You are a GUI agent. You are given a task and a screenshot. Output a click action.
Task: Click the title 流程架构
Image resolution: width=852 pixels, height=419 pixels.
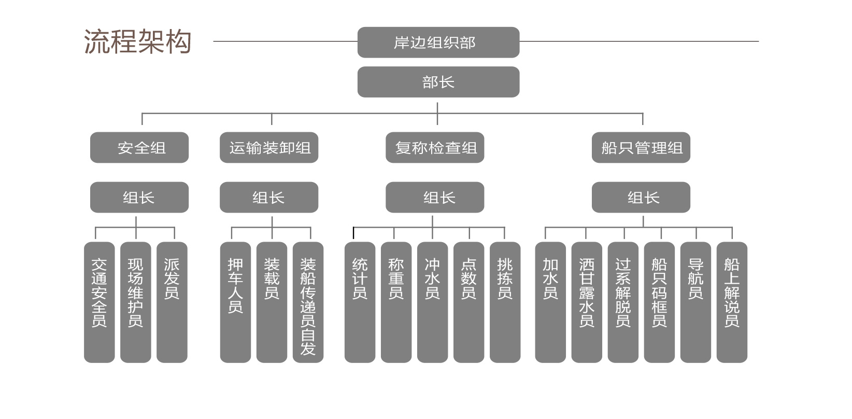137,42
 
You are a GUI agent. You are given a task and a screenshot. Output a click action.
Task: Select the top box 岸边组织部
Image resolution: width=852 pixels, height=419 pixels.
438,42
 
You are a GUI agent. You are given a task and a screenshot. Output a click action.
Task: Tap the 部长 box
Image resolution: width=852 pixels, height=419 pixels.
438,82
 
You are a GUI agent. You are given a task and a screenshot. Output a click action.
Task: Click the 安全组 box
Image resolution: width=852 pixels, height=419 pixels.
139,148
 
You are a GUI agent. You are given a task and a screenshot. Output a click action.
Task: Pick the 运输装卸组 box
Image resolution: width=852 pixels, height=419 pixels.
269,148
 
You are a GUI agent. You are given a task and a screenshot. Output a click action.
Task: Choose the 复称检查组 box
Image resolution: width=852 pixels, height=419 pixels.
435,148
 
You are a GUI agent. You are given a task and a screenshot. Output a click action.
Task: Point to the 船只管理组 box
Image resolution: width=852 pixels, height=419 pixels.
641,148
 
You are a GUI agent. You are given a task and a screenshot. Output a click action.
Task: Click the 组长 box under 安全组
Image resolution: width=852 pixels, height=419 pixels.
139,197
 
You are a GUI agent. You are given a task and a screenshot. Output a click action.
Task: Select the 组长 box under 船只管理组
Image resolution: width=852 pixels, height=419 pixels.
641,197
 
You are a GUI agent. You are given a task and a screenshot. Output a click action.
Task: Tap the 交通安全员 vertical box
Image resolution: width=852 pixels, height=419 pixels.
100,302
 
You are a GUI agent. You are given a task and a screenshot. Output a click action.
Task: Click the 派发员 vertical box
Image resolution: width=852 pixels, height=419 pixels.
172,302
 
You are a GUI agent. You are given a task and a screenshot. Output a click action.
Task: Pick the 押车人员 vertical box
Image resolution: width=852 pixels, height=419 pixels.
235,302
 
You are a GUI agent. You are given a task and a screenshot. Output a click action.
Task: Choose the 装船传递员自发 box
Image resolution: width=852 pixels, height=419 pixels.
308,302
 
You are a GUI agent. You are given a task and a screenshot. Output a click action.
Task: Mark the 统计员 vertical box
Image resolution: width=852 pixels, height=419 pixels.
360,302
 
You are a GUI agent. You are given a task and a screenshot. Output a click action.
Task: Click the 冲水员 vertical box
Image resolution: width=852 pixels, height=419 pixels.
432,302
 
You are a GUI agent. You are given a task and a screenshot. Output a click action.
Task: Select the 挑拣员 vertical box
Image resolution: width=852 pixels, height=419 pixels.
505,302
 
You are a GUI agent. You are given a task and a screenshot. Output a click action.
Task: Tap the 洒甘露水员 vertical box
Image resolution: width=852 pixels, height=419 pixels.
587,302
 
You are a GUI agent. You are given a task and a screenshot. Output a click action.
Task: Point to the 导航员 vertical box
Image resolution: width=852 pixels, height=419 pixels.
695,302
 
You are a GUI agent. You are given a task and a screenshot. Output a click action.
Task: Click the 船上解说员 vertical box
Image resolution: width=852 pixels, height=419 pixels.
732,302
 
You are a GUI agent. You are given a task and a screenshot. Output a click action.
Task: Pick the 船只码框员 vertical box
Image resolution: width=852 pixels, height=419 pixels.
659,302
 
